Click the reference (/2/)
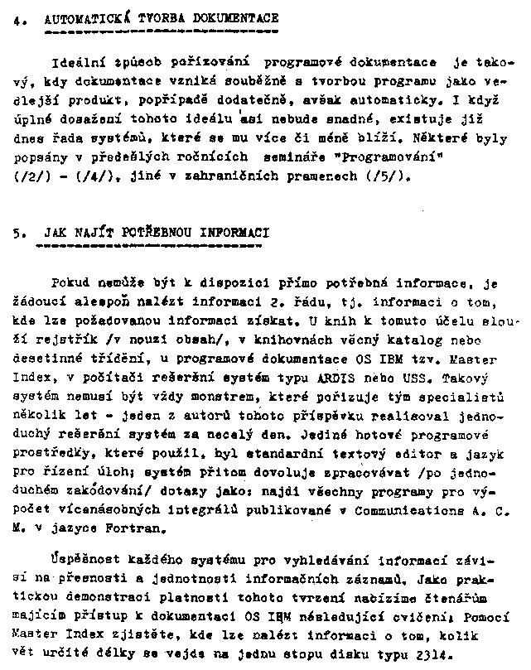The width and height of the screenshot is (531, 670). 31,176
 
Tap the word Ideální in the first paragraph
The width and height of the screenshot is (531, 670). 77,62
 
